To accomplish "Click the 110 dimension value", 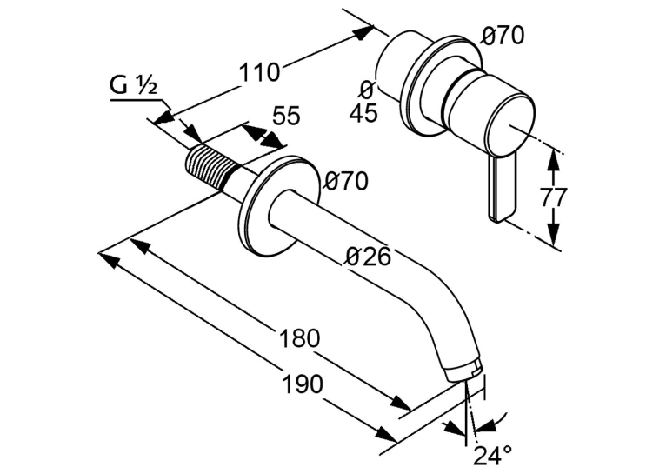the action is tap(259, 72).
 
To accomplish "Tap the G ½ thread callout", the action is tap(134, 86).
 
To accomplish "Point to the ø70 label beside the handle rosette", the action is tap(503, 36).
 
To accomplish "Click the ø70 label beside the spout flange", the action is tap(346, 182).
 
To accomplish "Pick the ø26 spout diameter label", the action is tap(368, 256).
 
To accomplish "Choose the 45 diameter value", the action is tap(363, 113).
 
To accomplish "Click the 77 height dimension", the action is tap(554, 197).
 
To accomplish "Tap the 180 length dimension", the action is tap(299, 338).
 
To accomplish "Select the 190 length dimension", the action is tap(303, 384).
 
